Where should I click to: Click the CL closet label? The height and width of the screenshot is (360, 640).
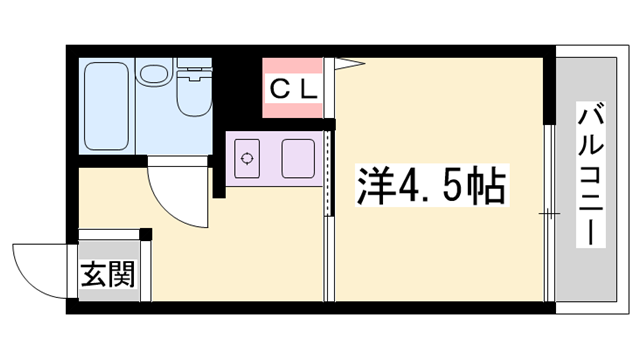point(292,87)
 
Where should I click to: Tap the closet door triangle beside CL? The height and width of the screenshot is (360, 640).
point(345,64)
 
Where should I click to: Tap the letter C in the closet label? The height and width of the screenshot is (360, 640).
point(279,87)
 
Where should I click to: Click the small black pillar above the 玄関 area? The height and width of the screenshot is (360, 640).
point(146,235)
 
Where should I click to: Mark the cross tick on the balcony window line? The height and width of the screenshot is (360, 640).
point(548,214)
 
